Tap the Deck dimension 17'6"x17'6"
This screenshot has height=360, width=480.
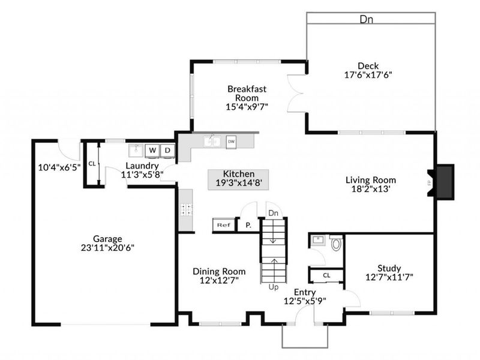pos(367,76)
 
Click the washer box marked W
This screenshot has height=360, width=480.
pos(152,149)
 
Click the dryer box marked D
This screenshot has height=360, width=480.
pos(168,149)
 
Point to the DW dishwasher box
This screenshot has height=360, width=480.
pos(231,142)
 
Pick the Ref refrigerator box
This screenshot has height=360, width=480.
pos(223,225)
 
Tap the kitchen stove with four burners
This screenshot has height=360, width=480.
pos(186,209)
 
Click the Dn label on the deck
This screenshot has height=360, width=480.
pos(366,19)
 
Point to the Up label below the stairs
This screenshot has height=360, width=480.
pos(274,287)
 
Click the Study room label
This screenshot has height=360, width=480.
pos(389,268)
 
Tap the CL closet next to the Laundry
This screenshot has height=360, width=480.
pos(92,163)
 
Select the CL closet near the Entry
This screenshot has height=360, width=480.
pos(326,275)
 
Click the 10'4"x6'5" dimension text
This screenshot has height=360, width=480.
pos(58,167)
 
